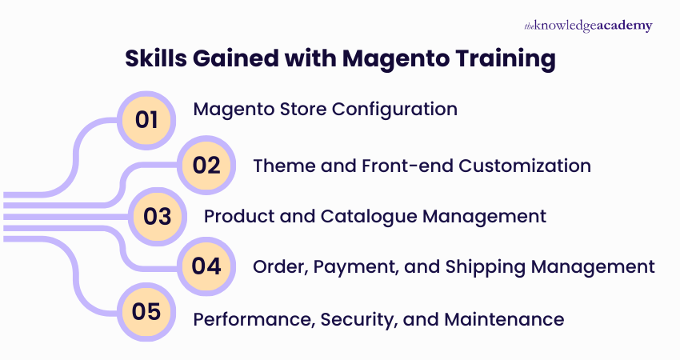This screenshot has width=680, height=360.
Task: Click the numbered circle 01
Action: [x=147, y=120]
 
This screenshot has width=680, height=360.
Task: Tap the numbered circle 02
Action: [x=206, y=166]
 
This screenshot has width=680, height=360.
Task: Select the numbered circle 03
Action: [x=158, y=216]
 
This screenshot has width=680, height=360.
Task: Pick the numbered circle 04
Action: [x=206, y=266]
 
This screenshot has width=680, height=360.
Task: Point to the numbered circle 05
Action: [x=147, y=311]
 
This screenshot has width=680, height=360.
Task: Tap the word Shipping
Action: [x=514, y=266]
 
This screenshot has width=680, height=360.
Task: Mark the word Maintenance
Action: [x=504, y=319]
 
